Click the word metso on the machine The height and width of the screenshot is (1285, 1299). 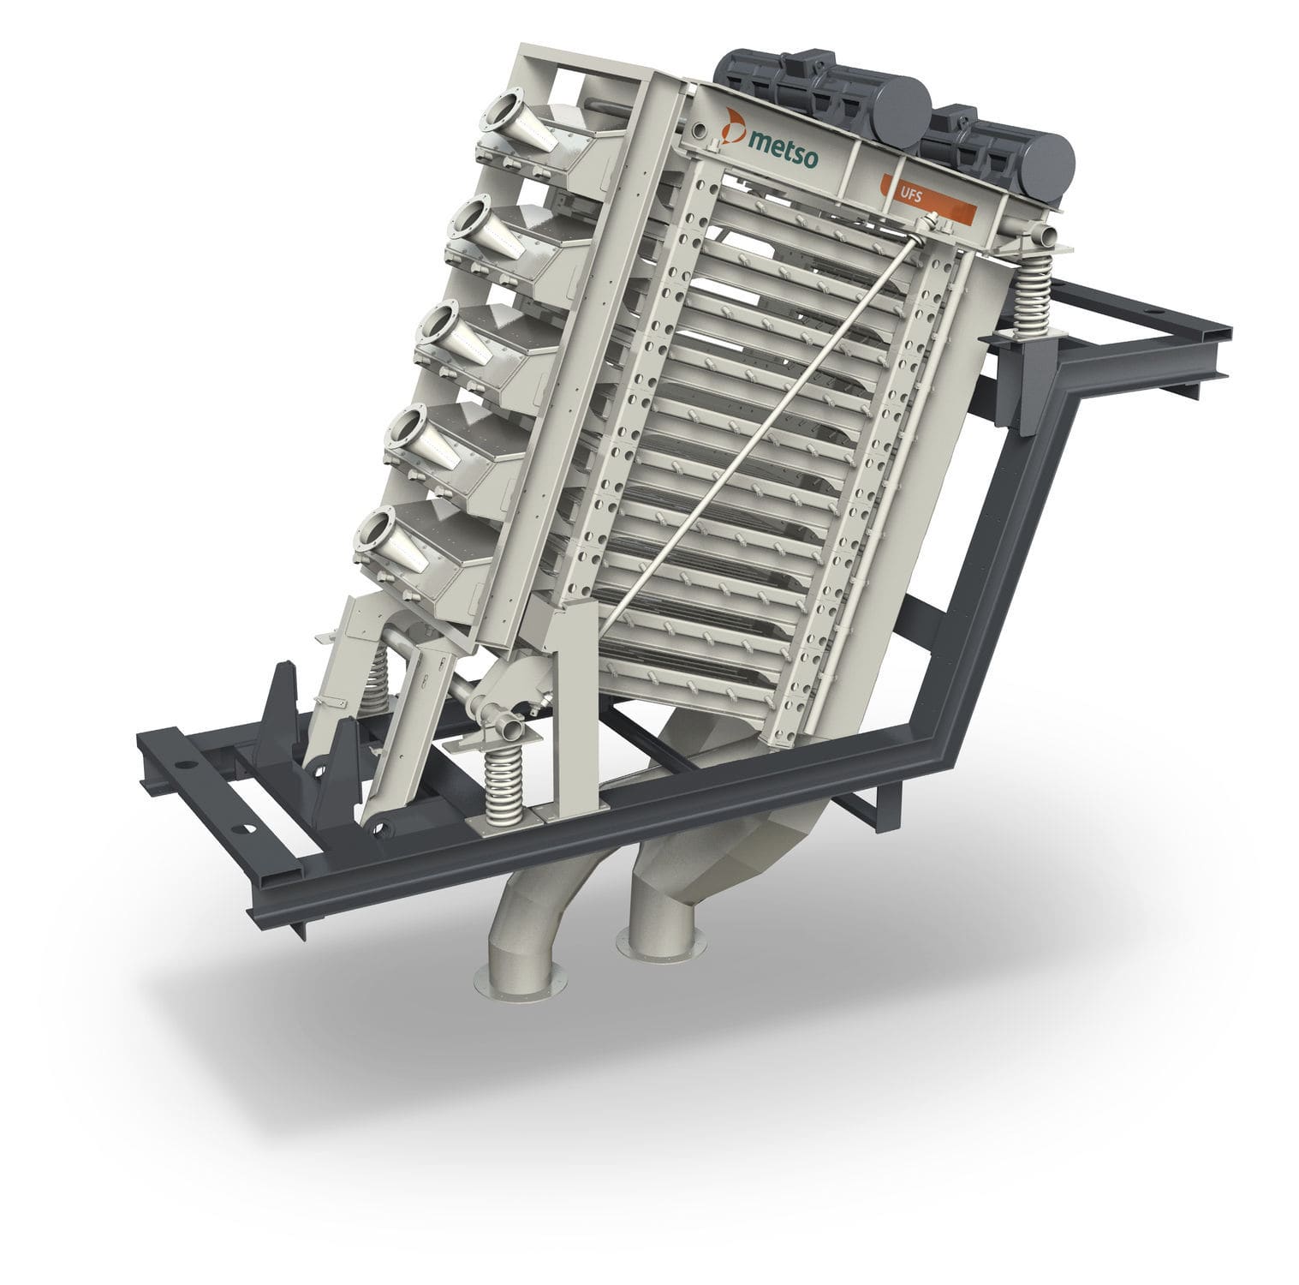point(782,141)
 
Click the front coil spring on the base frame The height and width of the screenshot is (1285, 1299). point(503,780)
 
